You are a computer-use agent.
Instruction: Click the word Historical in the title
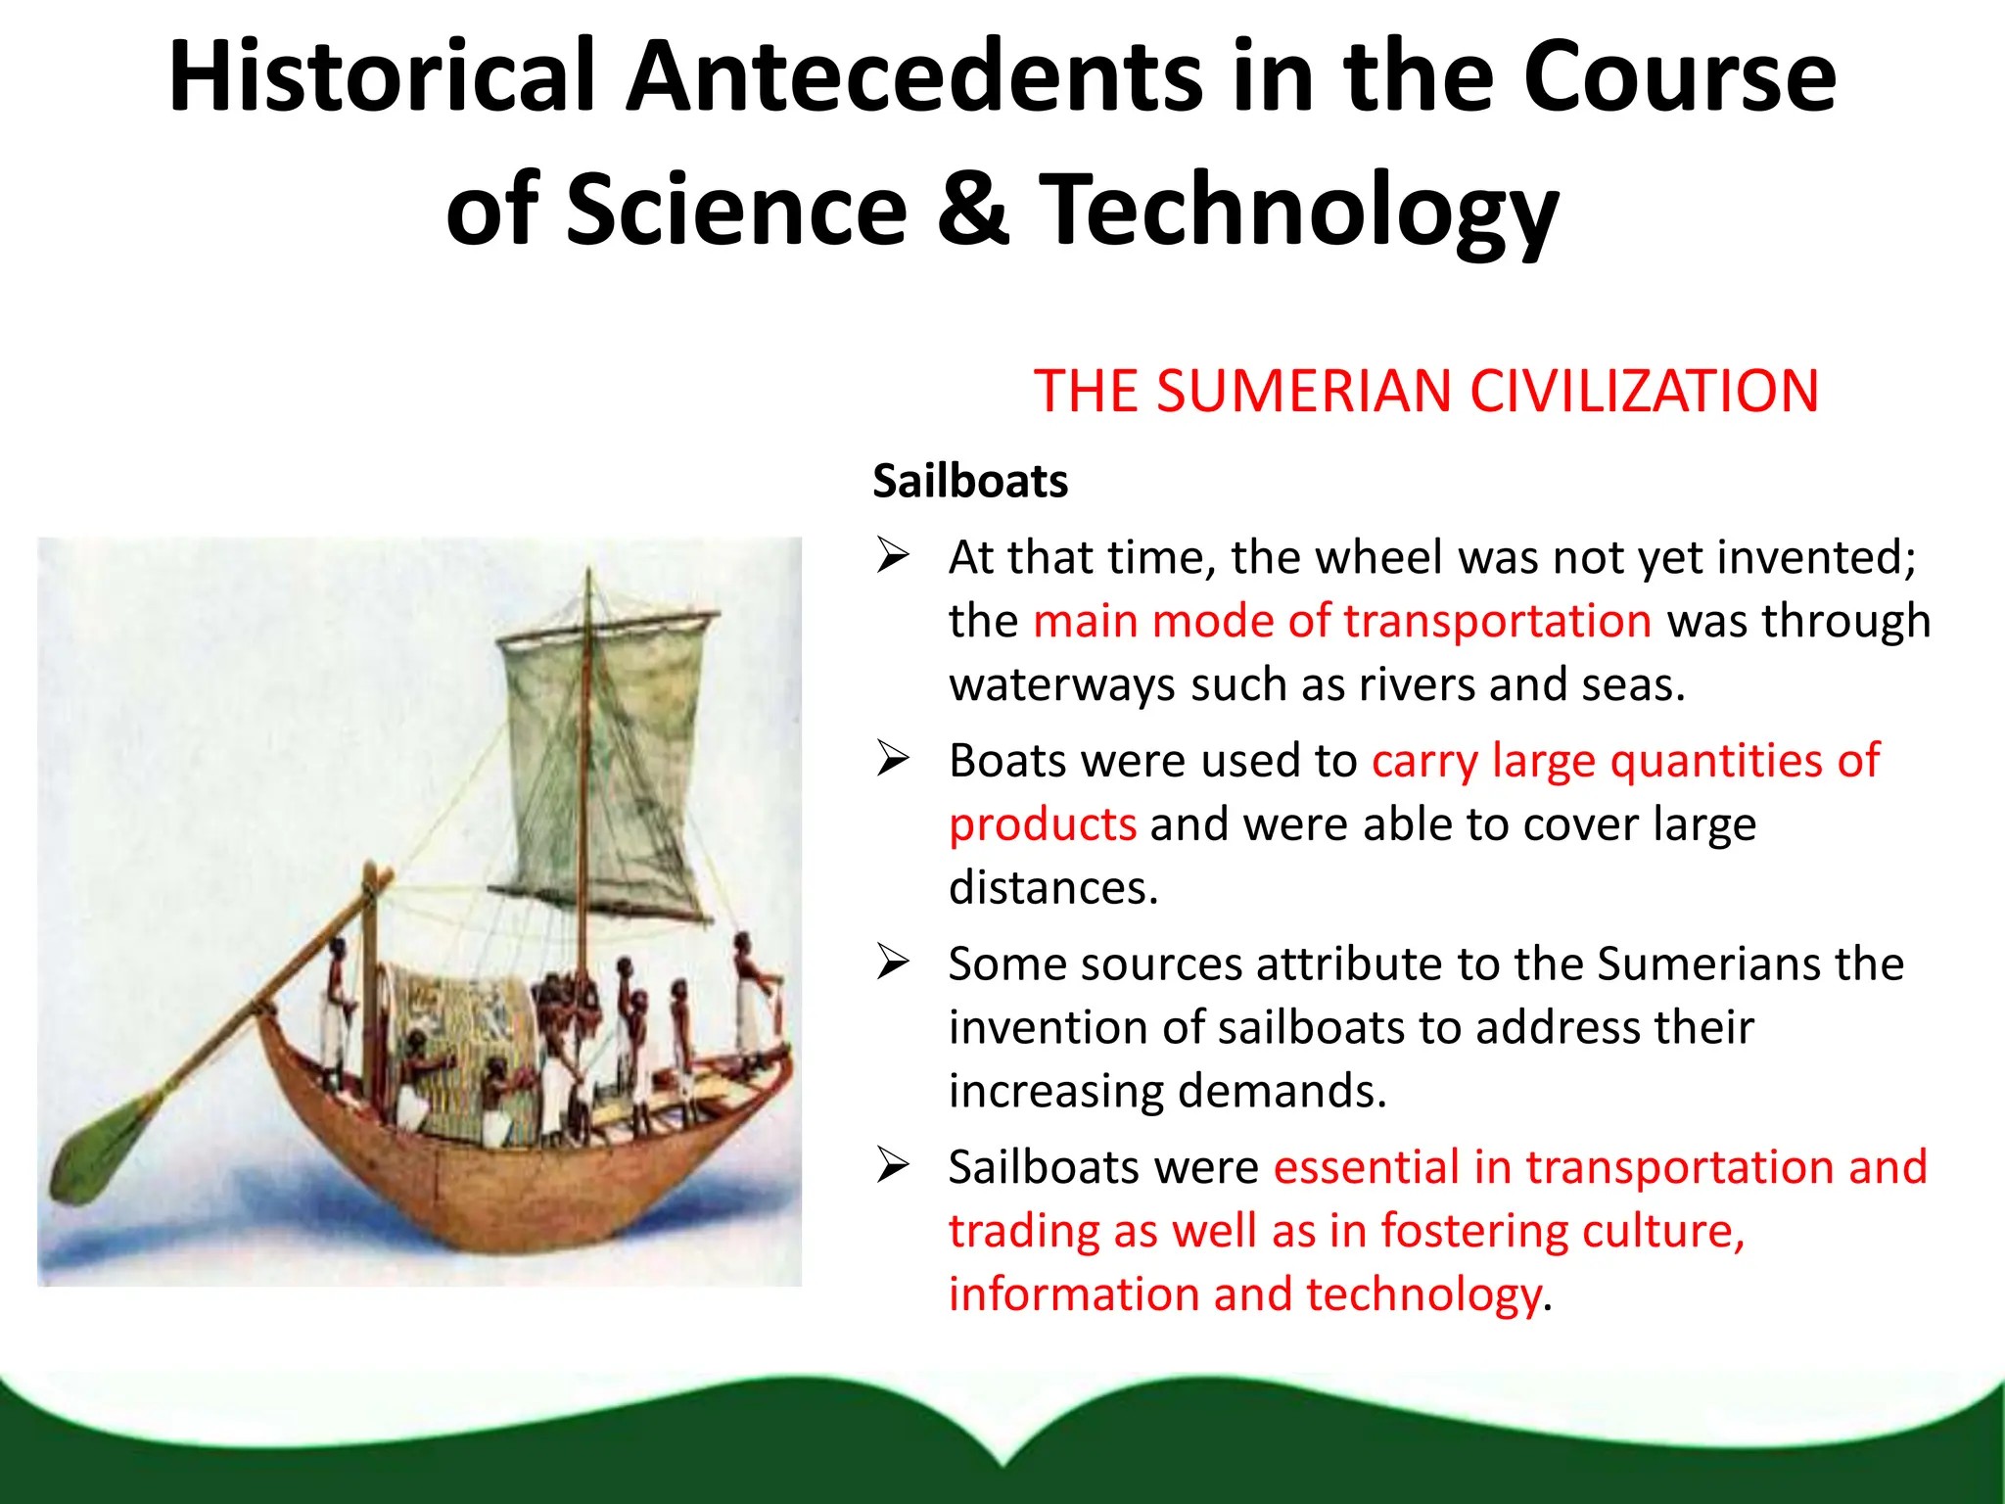click(382, 76)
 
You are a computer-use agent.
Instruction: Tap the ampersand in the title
click(972, 209)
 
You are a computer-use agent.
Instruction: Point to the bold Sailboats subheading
click(970, 482)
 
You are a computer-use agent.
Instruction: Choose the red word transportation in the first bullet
click(1497, 621)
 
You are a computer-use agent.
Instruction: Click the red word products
click(1043, 824)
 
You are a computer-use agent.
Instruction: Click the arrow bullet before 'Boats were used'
click(893, 760)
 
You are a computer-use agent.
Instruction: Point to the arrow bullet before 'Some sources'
click(893, 963)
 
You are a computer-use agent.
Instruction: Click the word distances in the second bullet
click(1052, 888)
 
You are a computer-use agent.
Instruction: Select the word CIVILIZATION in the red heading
click(1644, 392)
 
